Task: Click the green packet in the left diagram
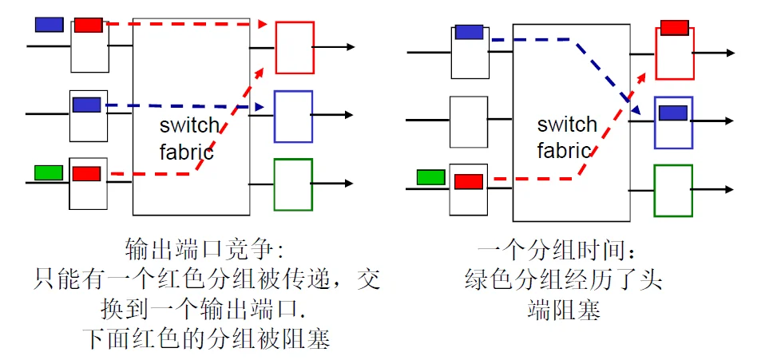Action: pyautogui.click(x=48, y=172)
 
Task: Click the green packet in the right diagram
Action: pyautogui.click(x=430, y=177)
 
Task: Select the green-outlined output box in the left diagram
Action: pyautogui.click(x=293, y=184)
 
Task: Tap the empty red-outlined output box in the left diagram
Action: pyautogui.click(x=294, y=48)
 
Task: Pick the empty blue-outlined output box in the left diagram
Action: pyautogui.click(x=293, y=117)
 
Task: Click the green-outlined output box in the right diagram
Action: pyautogui.click(x=673, y=191)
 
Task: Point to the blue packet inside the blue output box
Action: pyautogui.click(x=673, y=113)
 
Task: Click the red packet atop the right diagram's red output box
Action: pyautogui.click(x=674, y=28)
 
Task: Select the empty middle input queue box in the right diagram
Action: pyautogui.click(x=469, y=121)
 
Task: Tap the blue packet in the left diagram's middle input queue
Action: pyautogui.click(x=86, y=105)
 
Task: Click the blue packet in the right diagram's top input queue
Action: pyautogui.click(x=469, y=32)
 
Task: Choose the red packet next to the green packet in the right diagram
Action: pyautogui.click(x=469, y=181)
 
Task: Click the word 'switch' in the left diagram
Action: pyautogui.click(x=188, y=125)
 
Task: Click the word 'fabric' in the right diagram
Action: pyautogui.click(x=564, y=150)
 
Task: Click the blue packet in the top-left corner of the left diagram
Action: pyautogui.click(x=49, y=24)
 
